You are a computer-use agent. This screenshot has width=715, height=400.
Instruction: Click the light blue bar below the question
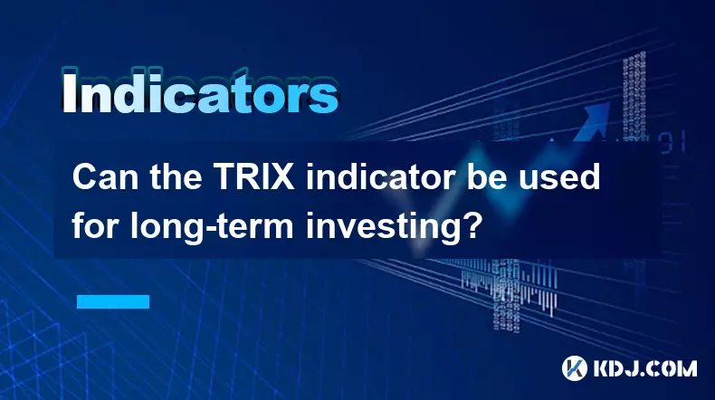click(112, 301)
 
